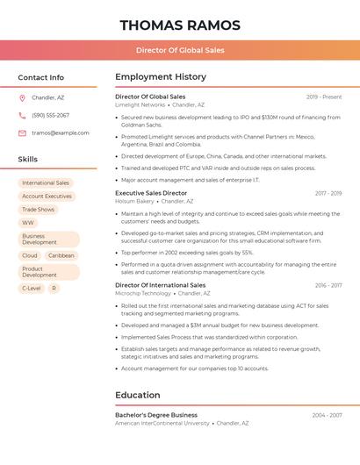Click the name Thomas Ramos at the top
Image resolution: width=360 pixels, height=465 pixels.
[x=179, y=25]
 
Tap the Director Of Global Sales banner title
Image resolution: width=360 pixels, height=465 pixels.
[x=180, y=50]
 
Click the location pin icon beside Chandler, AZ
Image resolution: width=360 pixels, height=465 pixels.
[x=22, y=98]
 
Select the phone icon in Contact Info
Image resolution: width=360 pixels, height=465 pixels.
[x=22, y=116]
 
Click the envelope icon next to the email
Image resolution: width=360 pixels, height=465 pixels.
[x=22, y=133]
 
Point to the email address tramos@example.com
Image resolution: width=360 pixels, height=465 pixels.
[x=61, y=133]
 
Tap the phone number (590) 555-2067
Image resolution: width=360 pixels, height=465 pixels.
[x=50, y=116]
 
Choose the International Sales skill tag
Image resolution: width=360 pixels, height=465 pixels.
[x=46, y=183]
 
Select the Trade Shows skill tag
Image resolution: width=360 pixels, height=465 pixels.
[x=38, y=210]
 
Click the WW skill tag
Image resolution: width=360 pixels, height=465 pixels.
[x=28, y=223]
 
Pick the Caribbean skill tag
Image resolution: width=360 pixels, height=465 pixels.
[x=61, y=255]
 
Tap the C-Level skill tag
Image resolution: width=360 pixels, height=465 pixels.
[x=31, y=288]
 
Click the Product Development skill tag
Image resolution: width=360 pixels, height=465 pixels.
[x=40, y=272]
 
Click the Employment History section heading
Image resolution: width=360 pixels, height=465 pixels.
[x=161, y=77]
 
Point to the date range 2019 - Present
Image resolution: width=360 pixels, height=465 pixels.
[x=324, y=97]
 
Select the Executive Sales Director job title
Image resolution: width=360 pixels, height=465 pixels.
[x=151, y=193]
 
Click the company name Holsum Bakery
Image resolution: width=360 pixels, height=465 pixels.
[x=134, y=201]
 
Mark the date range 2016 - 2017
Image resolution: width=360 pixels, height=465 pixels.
[x=328, y=285]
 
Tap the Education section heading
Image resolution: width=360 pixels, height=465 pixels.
[x=138, y=395]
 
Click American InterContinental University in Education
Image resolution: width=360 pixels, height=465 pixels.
[x=162, y=423]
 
